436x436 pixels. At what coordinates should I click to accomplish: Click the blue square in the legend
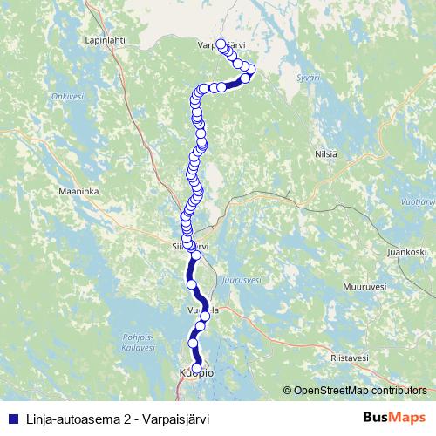(x=12, y=418)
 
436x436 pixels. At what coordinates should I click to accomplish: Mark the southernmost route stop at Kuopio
(x=197, y=367)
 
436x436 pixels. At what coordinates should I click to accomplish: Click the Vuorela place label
(x=201, y=310)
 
